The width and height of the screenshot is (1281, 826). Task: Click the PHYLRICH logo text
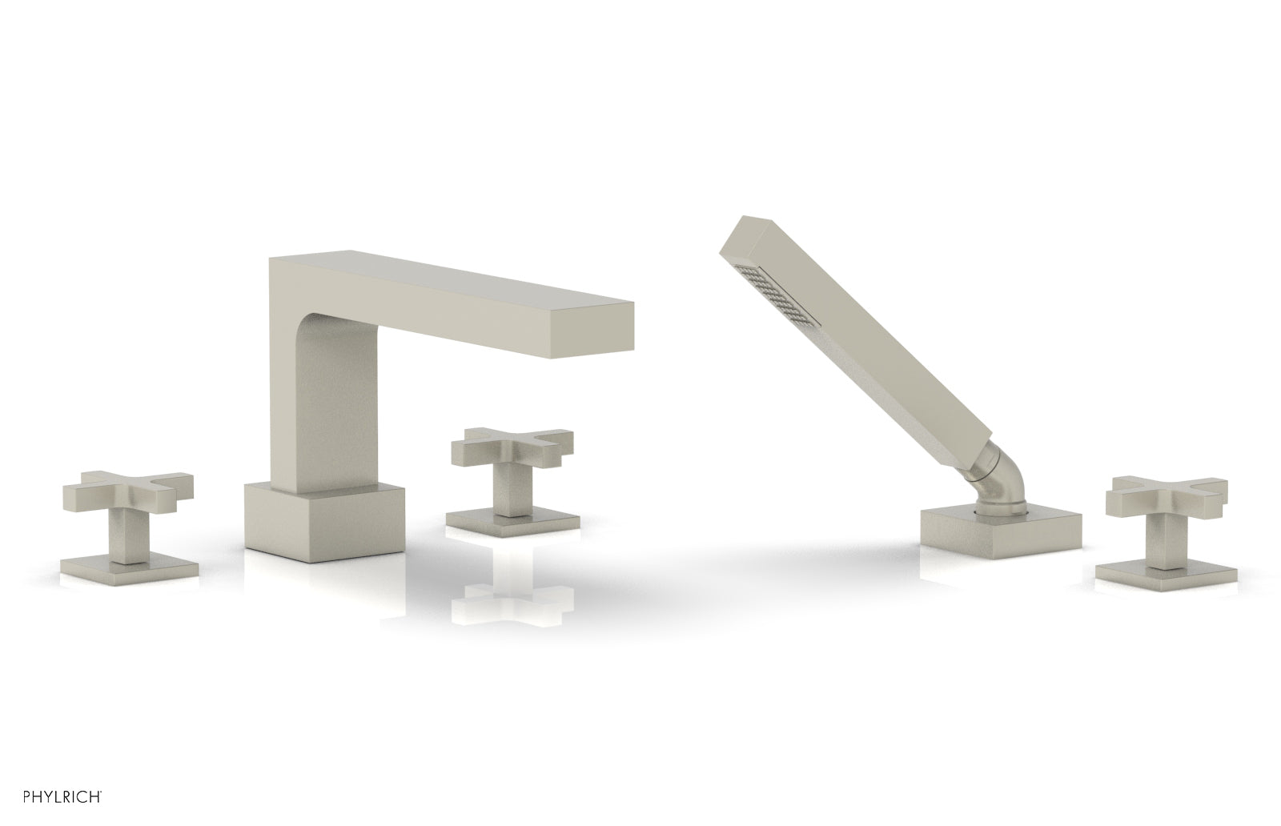click(62, 796)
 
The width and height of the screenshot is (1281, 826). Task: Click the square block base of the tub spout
click(324, 523)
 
